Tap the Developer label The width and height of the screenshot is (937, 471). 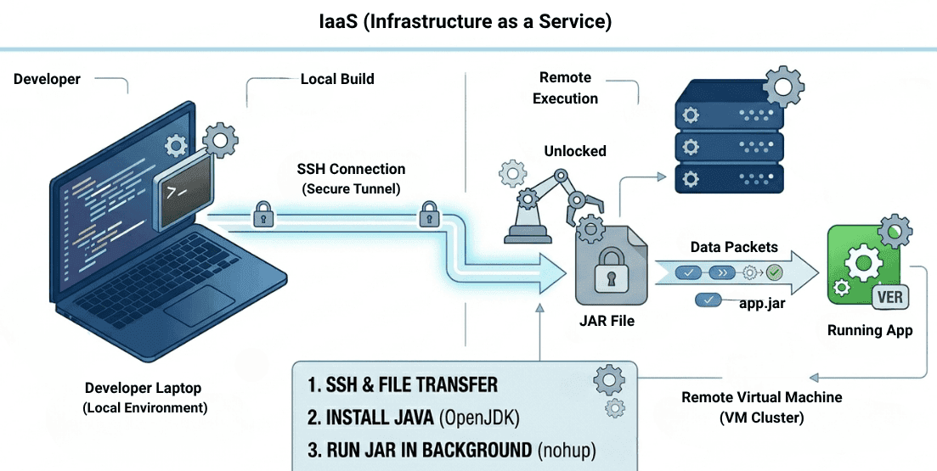click(47, 79)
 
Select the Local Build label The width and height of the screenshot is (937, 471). click(337, 79)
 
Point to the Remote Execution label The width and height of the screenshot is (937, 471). click(565, 87)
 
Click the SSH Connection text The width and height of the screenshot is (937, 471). click(351, 169)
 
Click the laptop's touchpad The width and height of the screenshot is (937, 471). click(199, 305)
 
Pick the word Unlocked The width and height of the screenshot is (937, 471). click(575, 151)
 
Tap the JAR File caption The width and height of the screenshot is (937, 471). click(607, 321)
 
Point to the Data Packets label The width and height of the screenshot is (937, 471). click(734, 247)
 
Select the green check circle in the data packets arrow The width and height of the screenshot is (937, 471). click(774, 273)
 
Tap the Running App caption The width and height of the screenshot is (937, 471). click(870, 330)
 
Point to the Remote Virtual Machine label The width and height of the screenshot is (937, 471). click(762, 397)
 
